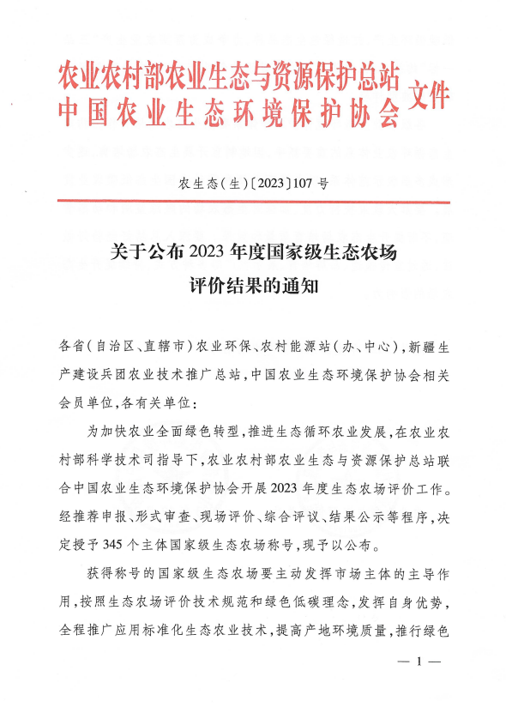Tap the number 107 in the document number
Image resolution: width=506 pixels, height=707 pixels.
point(303,183)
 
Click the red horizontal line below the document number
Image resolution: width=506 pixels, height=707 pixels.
point(253,202)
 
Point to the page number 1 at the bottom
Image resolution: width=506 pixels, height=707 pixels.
point(419,662)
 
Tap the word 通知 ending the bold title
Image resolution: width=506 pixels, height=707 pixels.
point(301,286)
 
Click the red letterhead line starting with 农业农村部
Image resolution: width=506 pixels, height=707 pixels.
point(228,78)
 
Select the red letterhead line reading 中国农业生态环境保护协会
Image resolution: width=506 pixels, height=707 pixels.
point(228,112)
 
